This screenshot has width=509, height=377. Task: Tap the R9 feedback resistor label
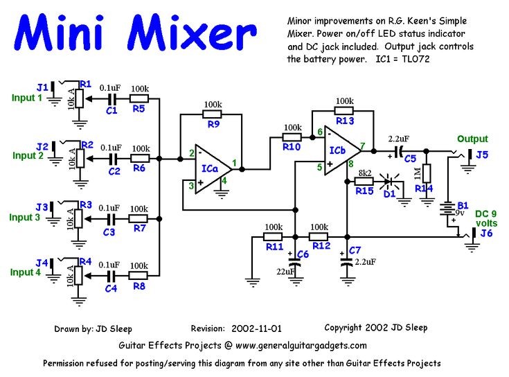click(x=213, y=125)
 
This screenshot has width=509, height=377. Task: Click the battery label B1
click(x=463, y=204)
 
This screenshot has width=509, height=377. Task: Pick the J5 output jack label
click(x=481, y=155)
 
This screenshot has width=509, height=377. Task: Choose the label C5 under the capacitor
click(x=410, y=158)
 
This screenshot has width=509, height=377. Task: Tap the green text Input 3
click(x=25, y=218)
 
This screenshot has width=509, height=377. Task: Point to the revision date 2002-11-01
click(x=257, y=328)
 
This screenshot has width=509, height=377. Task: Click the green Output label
click(x=472, y=139)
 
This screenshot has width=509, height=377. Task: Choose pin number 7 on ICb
click(x=363, y=146)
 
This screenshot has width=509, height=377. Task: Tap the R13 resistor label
click(x=345, y=121)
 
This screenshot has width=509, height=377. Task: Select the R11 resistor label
click(x=274, y=245)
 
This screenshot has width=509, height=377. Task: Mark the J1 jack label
click(x=42, y=87)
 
